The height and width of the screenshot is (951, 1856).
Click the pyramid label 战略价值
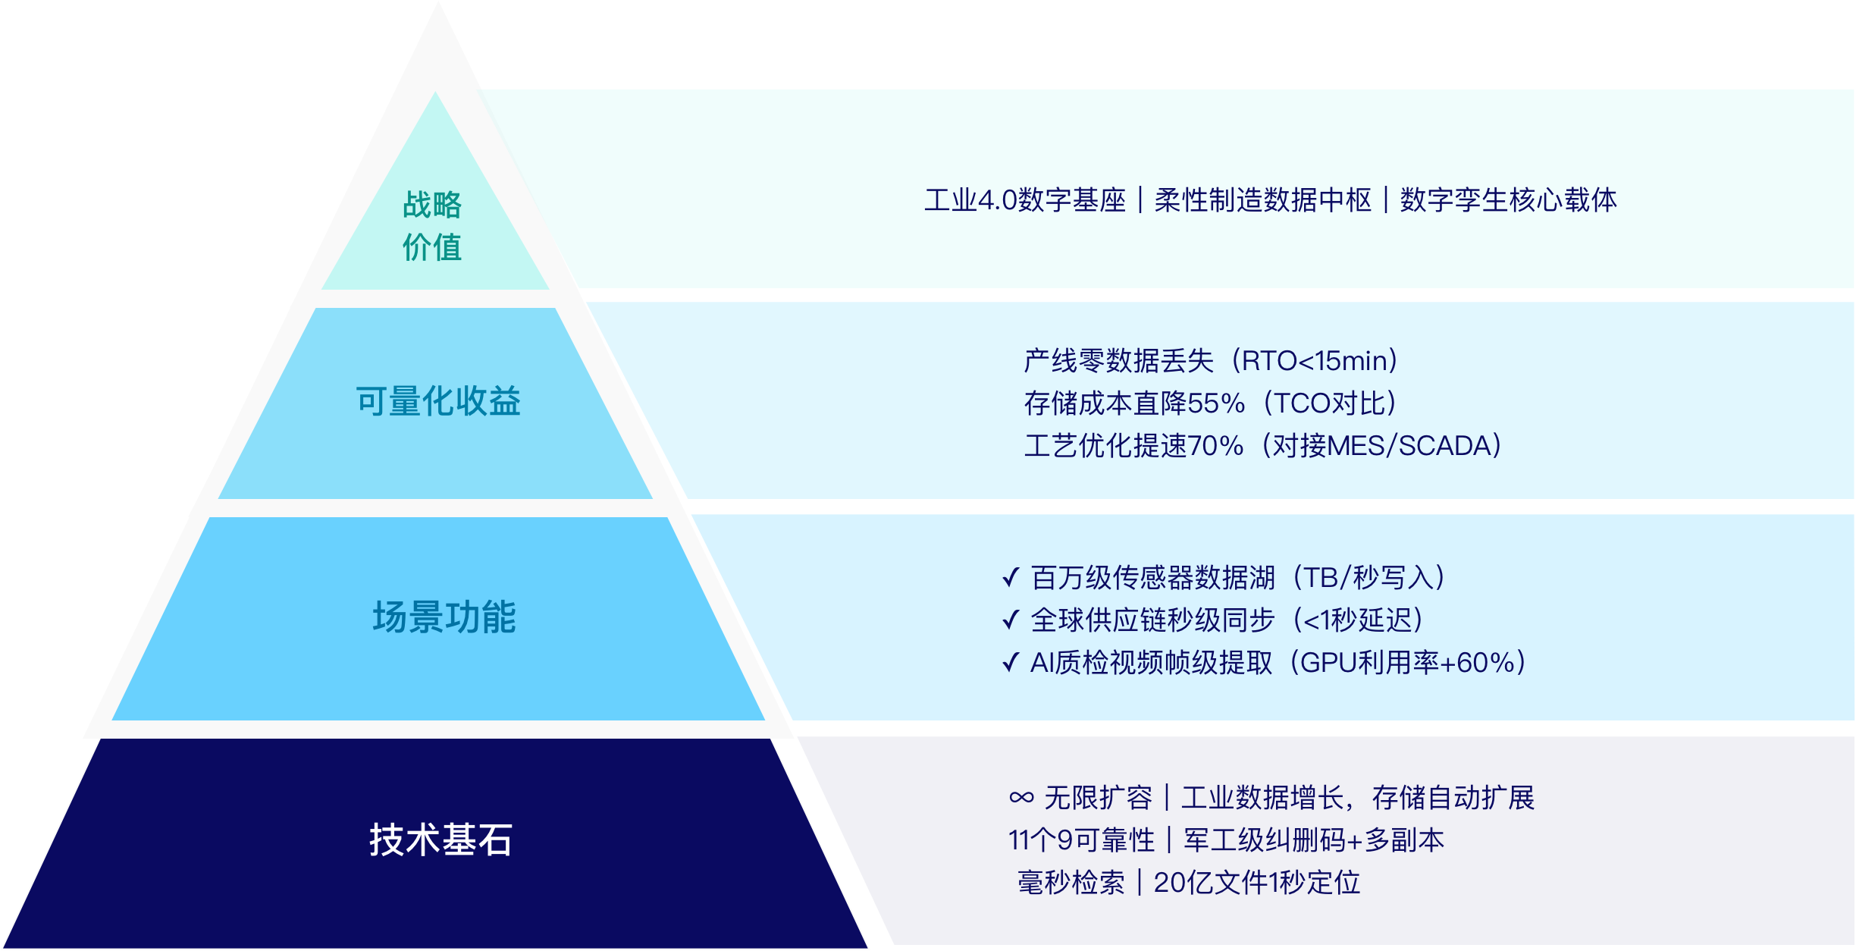(x=432, y=226)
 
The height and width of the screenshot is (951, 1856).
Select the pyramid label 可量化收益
(x=438, y=401)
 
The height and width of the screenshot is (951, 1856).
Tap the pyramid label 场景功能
(x=444, y=617)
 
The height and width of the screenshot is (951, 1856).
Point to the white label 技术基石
(x=440, y=840)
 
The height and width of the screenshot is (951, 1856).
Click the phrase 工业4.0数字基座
(x=1025, y=200)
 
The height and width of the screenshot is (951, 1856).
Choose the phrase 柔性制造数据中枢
(x=1262, y=200)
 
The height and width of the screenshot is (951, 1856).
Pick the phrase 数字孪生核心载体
(x=1508, y=200)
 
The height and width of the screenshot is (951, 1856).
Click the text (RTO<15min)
(x=1314, y=361)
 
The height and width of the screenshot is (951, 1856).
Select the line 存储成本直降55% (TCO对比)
(x=1210, y=403)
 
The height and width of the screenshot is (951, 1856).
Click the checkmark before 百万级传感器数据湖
(x=1011, y=578)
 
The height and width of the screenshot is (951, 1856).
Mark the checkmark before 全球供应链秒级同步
(x=1011, y=620)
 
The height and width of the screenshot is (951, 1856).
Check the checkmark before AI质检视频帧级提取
(x=1011, y=663)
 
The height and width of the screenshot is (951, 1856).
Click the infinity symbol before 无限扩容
(x=1021, y=798)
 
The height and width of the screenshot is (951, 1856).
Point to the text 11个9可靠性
(x=1081, y=840)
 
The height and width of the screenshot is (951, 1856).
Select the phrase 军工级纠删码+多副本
(x=1314, y=840)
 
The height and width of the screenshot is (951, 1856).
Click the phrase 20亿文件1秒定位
(x=1256, y=883)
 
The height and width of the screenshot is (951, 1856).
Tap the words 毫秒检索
(x=1071, y=883)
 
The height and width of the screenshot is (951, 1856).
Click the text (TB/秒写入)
(x=1368, y=578)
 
